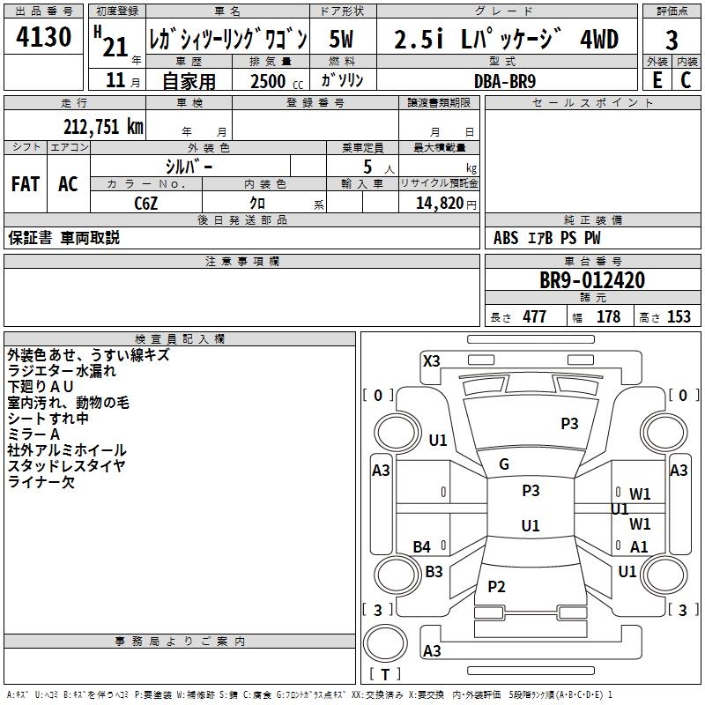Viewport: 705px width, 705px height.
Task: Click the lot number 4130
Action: click(x=43, y=36)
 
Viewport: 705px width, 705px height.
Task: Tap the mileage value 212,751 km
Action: click(x=103, y=127)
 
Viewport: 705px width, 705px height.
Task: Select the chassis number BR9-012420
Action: click(x=592, y=280)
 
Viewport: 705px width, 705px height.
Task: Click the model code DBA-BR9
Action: click(x=505, y=81)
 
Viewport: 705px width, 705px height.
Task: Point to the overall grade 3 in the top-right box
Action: click(x=672, y=40)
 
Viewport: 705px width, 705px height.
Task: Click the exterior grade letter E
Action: click(x=657, y=80)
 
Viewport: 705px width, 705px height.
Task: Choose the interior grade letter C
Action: click(x=686, y=80)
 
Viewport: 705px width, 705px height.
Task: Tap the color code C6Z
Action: click(x=146, y=204)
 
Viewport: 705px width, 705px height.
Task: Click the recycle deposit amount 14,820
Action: click(x=440, y=204)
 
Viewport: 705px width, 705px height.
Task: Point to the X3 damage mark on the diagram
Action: click(x=431, y=360)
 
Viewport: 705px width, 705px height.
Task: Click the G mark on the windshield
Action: click(x=504, y=464)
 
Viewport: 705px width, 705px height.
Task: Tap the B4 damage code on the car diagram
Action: click(x=422, y=546)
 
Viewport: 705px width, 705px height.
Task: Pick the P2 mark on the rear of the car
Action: click(x=496, y=586)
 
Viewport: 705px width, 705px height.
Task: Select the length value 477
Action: click(x=535, y=316)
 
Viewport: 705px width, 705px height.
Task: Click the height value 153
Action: click(x=679, y=316)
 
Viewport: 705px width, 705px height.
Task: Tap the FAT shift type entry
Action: click(x=26, y=184)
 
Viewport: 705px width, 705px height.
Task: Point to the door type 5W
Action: click(x=341, y=39)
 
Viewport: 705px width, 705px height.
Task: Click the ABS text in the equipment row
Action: click(x=506, y=238)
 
